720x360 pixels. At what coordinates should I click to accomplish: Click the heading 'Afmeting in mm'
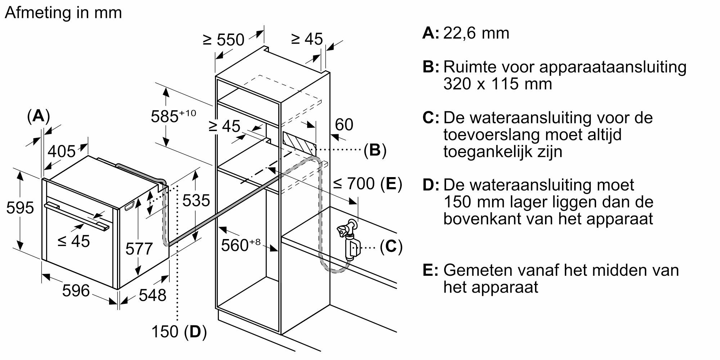[63, 13]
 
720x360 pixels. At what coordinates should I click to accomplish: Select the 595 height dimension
[20, 208]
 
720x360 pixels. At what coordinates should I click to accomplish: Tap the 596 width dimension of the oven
[76, 291]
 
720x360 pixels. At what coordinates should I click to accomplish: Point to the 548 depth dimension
[153, 295]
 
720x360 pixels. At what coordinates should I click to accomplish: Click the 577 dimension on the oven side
[139, 249]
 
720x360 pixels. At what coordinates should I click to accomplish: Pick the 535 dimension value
[196, 201]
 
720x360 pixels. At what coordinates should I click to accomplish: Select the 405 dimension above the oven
[62, 151]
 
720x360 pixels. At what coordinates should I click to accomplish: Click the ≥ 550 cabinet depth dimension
[224, 40]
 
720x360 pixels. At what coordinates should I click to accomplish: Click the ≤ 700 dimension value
[354, 184]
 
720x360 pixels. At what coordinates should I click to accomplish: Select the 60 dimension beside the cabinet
[344, 125]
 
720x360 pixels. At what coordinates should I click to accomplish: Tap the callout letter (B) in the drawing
[375, 150]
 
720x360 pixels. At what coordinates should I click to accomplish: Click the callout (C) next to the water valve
[391, 247]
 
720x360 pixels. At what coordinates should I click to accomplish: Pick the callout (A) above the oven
[39, 116]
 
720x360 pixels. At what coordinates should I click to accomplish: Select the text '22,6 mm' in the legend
[476, 33]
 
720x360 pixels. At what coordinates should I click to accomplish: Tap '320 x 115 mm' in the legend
[498, 84]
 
